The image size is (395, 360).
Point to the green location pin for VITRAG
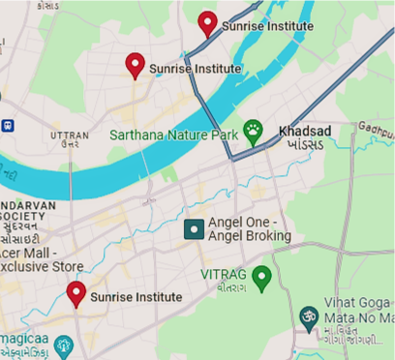click(x=260, y=276)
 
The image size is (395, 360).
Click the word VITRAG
click(x=224, y=275)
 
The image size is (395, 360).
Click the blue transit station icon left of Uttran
click(x=7, y=125)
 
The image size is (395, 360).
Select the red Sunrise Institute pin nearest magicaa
click(x=76, y=292)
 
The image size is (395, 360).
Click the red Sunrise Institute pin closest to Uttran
click(x=136, y=65)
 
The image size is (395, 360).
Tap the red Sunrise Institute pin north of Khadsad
click(x=207, y=22)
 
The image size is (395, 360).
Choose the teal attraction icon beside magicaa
click(x=65, y=343)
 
